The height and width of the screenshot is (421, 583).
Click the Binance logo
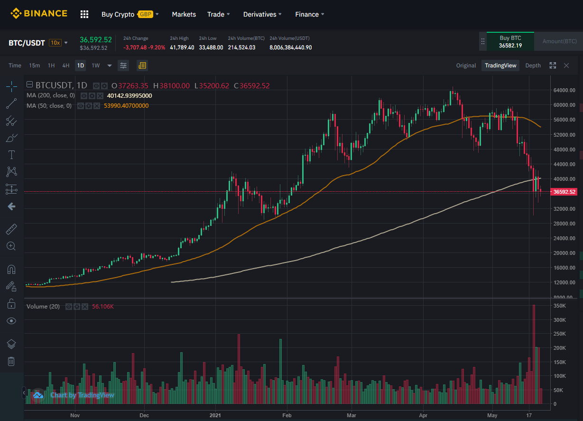(39, 14)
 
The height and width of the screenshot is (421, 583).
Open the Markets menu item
(184, 14)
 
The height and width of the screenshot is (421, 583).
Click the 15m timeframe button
(34, 65)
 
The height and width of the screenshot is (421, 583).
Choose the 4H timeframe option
(66, 65)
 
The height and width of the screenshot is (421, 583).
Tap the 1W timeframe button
(96, 65)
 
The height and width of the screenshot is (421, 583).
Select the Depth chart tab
(533, 65)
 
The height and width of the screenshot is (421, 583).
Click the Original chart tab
(466, 65)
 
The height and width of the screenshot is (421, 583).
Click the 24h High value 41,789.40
(182, 47)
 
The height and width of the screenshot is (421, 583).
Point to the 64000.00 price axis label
(564, 90)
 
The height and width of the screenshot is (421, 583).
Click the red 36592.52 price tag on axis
(564, 192)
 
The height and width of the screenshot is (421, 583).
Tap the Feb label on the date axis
(286, 414)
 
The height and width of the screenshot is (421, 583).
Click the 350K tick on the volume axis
(560, 306)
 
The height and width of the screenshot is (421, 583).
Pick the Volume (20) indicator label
(43, 307)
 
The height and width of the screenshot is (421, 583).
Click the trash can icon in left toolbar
(11, 362)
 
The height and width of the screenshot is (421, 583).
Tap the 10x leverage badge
(56, 43)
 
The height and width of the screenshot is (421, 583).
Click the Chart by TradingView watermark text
(82, 395)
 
